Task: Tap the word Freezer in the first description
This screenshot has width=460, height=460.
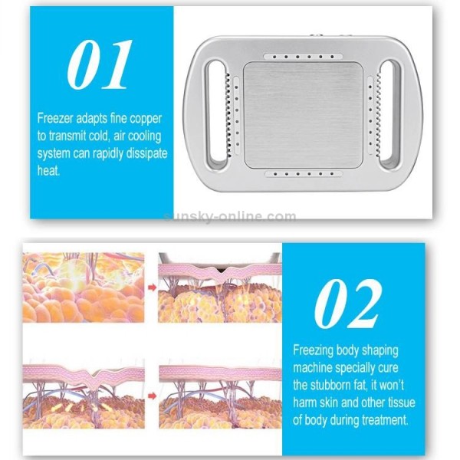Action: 58,118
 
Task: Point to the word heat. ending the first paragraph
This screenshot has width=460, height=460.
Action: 49,172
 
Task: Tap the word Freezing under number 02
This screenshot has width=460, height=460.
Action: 315,350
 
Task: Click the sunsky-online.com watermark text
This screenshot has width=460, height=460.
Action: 230,216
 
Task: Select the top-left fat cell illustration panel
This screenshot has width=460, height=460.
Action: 83,287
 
